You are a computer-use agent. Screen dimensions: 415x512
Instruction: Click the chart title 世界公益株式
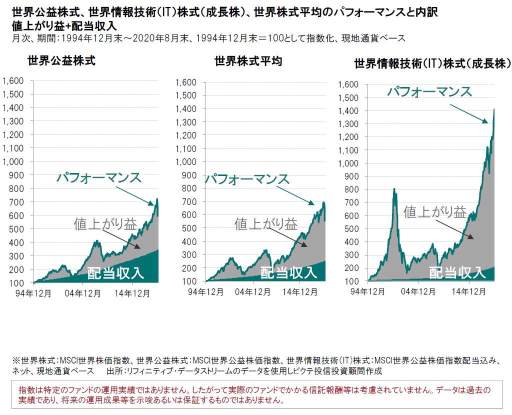61,61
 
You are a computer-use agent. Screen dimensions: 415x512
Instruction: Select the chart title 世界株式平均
248,61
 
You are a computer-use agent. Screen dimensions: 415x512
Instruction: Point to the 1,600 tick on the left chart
14,81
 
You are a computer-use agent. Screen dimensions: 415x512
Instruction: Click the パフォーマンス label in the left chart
98,178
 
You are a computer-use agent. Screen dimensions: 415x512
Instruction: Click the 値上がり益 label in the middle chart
265,223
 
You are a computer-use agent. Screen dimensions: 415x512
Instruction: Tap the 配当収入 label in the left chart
115,273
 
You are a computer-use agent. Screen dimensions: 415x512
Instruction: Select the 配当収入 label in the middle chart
288,272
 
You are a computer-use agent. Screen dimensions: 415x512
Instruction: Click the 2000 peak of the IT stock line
394,189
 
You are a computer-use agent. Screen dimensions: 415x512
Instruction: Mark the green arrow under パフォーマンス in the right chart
468,113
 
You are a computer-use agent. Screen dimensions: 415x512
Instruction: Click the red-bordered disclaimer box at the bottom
255,393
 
